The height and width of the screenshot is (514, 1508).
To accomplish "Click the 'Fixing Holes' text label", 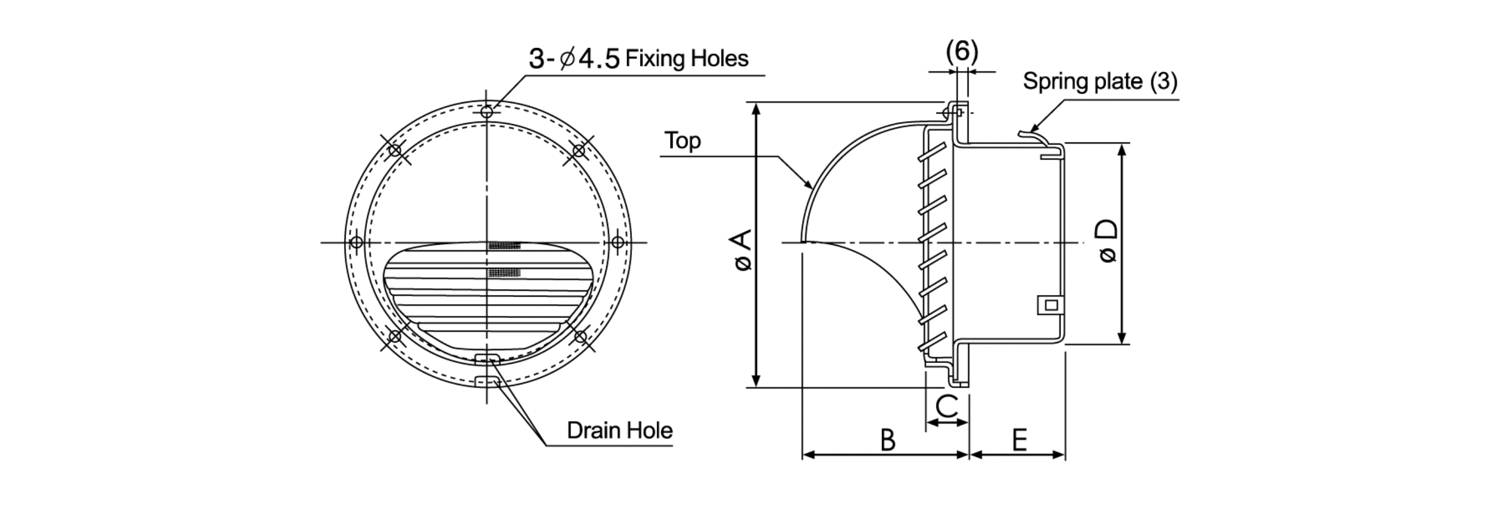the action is pyautogui.click(x=687, y=58).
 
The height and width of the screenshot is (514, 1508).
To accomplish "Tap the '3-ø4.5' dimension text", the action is pyautogui.click(x=574, y=59).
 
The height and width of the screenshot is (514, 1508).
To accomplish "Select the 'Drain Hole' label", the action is pyautogui.click(x=619, y=430).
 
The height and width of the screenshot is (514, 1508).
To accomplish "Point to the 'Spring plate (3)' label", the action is pyautogui.click(x=1100, y=81).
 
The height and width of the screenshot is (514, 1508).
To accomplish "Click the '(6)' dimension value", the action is pyautogui.click(x=962, y=51).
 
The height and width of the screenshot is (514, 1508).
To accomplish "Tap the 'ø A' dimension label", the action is pyautogui.click(x=742, y=251).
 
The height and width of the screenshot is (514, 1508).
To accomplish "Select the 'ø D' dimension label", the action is pyautogui.click(x=1108, y=241).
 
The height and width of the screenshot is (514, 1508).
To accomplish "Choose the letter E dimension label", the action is pyautogui.click(x=1019, y=440).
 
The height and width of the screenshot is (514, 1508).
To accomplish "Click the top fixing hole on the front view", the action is pyautogui.click(x=486, y=112).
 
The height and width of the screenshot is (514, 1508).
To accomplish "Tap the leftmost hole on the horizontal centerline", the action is pyautogui.click(x=356, y=242).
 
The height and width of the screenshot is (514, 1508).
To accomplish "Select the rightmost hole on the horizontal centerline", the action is pyautogui.click(x=618, y=242).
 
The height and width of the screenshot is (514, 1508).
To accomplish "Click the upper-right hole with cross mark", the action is pyautogui.click(x=578, y=150).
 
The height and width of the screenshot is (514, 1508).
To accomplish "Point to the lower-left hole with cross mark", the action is pyautogui.click(x=395, y=337).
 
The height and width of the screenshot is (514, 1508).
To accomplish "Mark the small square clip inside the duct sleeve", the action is pyautogui.click(x=1051, y=305).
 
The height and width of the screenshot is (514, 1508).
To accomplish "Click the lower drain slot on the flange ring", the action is pyautogui.click(x=488, y=382).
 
